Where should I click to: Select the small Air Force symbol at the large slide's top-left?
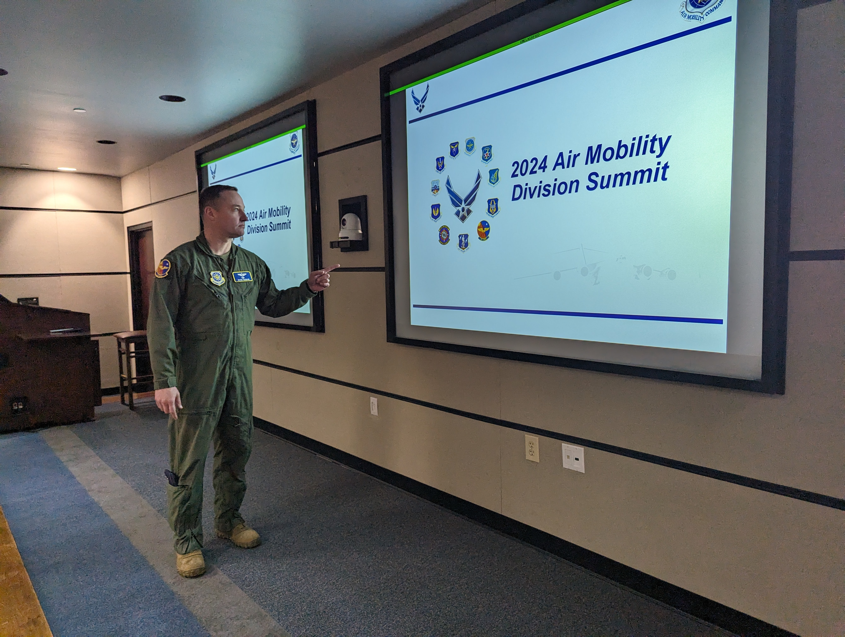click(x=420, y=98)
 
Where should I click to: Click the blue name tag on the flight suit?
click(x=242, y=276)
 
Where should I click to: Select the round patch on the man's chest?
click(x=217, y=278)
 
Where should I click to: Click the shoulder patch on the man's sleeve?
click(x=163, y=268)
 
